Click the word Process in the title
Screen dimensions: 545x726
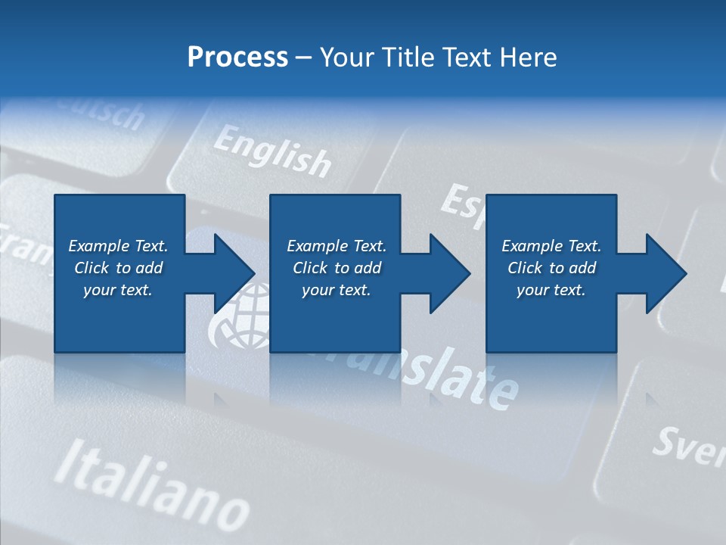tap(237, 57)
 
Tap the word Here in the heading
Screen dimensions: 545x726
tap(528, 57)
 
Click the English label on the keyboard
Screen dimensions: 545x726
tap(272, 151)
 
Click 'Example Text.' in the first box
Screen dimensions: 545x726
tap(118, 246)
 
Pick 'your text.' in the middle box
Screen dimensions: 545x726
tap(336, 290)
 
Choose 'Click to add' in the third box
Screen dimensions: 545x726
tap(552, 268)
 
